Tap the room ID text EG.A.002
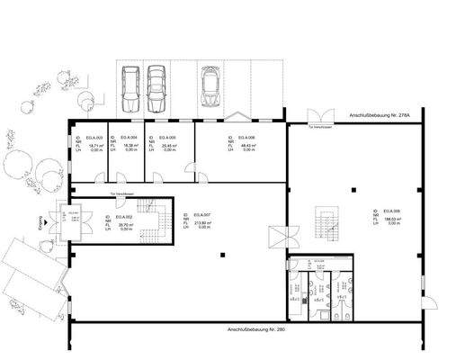click(x=123, y=217)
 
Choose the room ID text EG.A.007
click(x=201, y=216)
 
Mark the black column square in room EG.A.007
click(x=222, y=257)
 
